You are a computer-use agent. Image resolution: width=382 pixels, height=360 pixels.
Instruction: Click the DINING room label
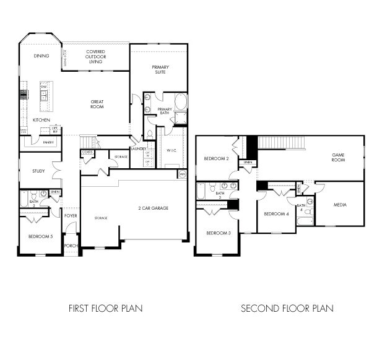click(41, 56)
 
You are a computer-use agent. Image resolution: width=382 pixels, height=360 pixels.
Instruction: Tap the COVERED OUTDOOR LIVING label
click(95, 57)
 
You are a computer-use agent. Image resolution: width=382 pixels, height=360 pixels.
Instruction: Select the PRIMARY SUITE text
click(160, 69)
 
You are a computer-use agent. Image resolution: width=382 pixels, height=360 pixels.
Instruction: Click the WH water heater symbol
click(182, 175)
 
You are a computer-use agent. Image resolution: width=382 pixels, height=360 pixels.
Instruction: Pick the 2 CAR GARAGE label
click(153, 208)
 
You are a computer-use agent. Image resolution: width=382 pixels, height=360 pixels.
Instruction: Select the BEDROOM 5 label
click(40, 236)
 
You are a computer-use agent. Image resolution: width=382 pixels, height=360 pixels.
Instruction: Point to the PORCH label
click(71, 246)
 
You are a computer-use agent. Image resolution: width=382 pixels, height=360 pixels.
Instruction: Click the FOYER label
click(71, 216)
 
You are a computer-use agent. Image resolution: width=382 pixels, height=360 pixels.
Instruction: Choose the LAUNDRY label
click(138, 148)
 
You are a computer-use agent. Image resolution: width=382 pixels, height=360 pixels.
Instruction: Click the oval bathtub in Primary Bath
click(180, 101)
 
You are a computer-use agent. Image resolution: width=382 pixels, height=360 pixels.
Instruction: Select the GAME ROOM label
click(338, 157)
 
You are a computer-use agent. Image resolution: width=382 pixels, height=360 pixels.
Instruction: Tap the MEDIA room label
click(339, 205)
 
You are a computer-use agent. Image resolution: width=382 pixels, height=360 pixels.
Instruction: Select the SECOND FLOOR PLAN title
click(287, 307)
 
